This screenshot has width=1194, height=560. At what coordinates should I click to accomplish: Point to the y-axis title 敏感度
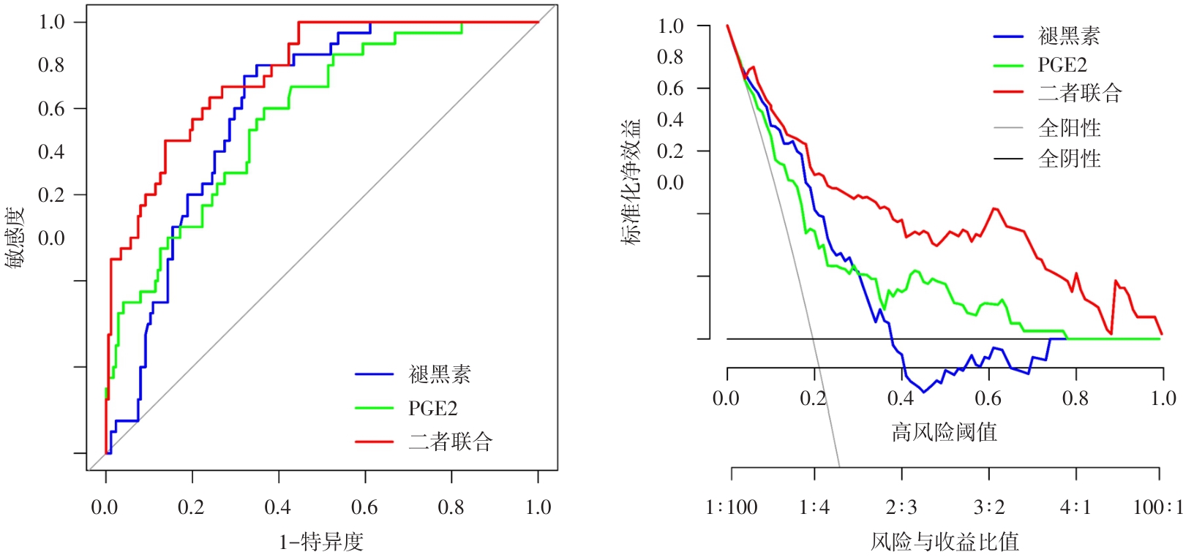click(x=15, y=238)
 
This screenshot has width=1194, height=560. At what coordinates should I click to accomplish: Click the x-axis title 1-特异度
click(x=321, y=542)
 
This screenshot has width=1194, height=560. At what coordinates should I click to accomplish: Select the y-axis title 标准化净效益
click(x=631, y=182)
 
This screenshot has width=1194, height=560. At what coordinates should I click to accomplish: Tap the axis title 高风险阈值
click(x=944, y=432)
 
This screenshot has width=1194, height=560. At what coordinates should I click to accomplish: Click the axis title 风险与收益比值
click(x=945, y=542)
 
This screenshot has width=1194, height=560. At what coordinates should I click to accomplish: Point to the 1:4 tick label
click(x=814, y=507)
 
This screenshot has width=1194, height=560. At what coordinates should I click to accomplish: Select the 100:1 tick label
click(x=1157, y=507)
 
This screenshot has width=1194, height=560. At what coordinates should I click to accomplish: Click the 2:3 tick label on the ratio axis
click(x=901, y=507)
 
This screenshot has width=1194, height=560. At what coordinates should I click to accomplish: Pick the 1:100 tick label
click(x=732, y=507)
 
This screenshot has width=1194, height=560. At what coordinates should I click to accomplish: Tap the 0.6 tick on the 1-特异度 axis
click(x=364, y=507)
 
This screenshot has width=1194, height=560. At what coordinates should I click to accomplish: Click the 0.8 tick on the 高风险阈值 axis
click(x=1075, y=398)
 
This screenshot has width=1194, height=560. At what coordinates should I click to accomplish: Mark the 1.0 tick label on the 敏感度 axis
click(x=52, y=22)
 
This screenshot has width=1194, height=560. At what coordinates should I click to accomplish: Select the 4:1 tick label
click(x=1075, y=507)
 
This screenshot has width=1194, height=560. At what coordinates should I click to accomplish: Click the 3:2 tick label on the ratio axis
click(x=989, y=507)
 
